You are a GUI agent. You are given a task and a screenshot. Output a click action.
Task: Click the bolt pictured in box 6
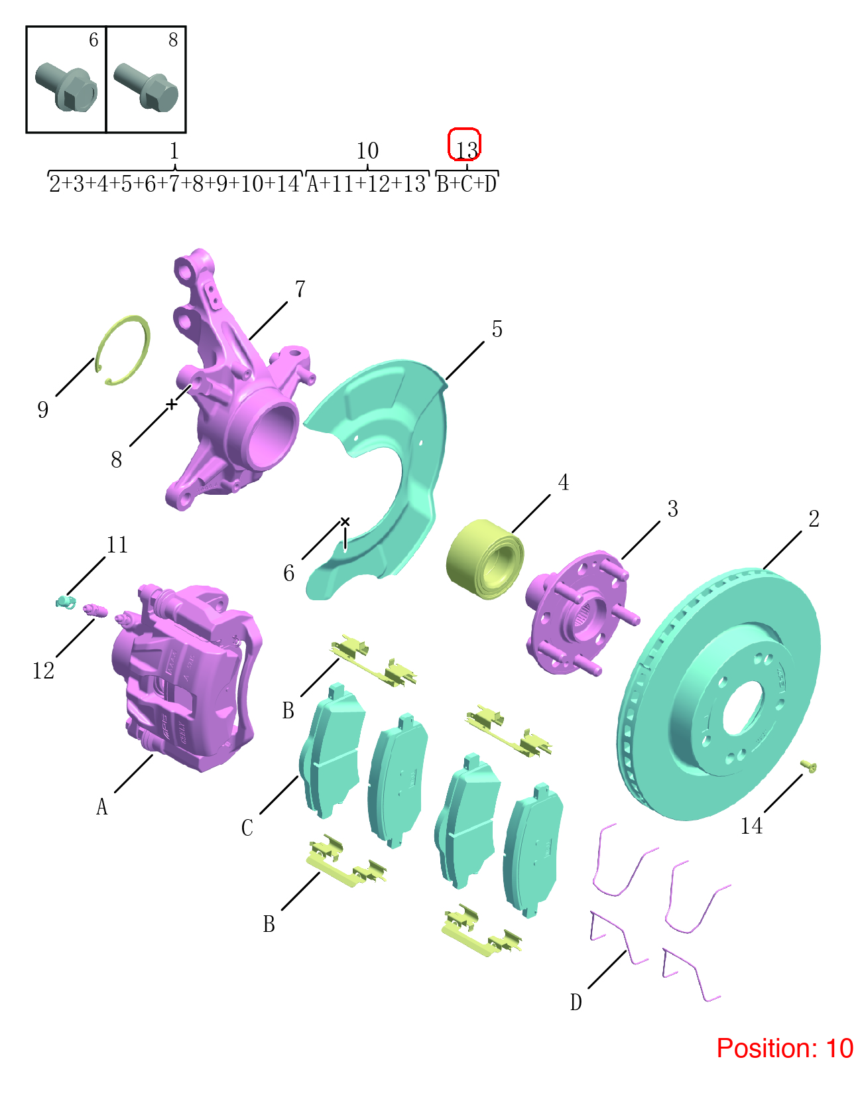coord(66,87)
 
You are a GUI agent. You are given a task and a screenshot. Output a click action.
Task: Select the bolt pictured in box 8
coord(146,87)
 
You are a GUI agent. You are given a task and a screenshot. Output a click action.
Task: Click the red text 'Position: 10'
coord(784,1048)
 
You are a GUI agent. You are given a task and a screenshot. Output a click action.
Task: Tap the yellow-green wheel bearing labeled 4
coord(485,559)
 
